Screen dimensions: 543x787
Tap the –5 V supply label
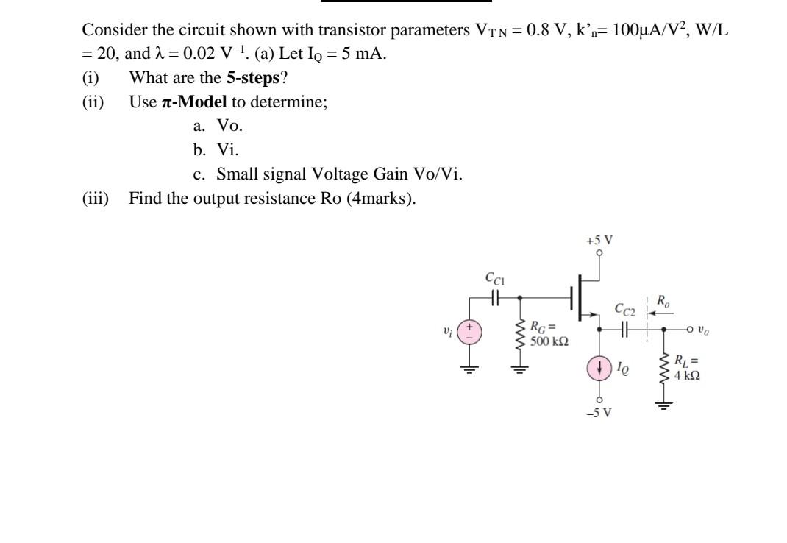pos(599,412)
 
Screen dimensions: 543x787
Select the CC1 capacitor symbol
pos(495,297)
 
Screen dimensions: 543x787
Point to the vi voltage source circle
pos(471,332)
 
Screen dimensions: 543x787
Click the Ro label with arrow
pos(660,301)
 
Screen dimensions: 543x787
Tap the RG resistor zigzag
pos(521,335)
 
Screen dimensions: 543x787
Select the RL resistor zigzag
pos(664,372)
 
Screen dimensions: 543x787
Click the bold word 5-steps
pos(253,77)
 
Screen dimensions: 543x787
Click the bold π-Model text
pos(191,102)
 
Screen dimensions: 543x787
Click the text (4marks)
pos(380,199)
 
